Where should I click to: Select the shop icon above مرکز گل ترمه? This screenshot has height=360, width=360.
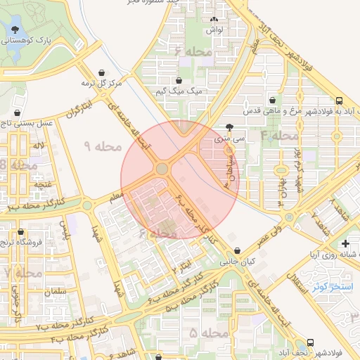103,72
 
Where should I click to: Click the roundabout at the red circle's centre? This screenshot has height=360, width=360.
162,169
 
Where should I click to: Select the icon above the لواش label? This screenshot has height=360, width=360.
214,20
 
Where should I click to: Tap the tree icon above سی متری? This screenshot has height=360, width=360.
230,127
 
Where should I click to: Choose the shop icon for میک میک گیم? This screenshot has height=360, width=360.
179,80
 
